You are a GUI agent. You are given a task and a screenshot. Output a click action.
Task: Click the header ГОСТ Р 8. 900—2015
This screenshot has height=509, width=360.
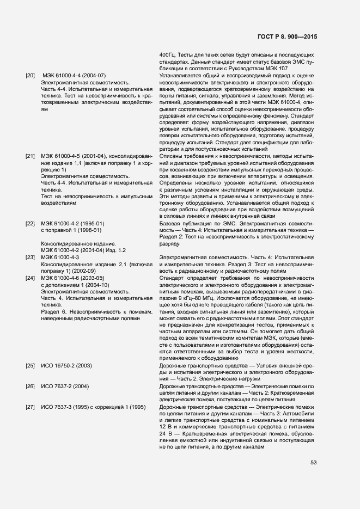pyautogui.click(x=288, y=36)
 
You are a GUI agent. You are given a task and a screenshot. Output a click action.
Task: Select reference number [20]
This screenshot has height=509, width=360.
pyautogui.click(x=30, y=75)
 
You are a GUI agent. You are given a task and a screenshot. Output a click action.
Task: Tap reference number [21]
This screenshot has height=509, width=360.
pyautogui.click(x=30, y=157)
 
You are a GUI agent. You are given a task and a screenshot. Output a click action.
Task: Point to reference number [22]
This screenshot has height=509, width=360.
pyautogui.click(x=30, y=224)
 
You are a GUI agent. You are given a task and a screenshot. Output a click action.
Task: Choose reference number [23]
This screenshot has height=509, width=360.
pyautogui.click(x=30, y=257)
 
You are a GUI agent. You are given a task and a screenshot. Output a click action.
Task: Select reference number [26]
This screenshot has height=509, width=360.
pyautogui.click(x=30, y=386)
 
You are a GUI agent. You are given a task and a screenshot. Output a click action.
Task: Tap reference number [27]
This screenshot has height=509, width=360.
pyautogui.click(x=30, y=407)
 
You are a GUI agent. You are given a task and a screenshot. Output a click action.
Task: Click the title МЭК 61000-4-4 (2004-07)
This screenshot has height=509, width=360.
pyautogui.click(x=74, y=75)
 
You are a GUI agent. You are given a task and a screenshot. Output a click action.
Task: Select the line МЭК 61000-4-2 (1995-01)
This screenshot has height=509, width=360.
pyautogui.click(x=72, y=224)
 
